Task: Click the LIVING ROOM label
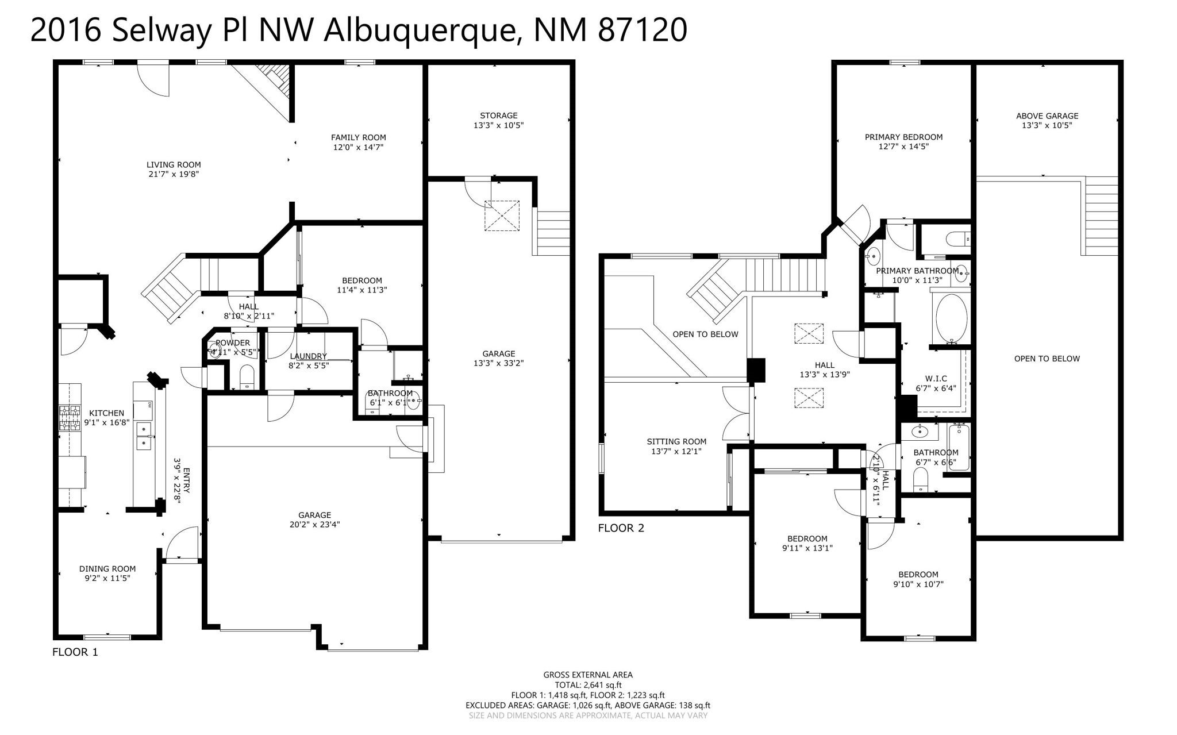click(174, 165)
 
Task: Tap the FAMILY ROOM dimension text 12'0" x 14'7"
click(358, 147)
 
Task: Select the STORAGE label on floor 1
click(498, 116)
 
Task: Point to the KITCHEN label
click(106, 413)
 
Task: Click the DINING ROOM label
click(107, 569)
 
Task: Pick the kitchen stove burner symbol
click(70, 418)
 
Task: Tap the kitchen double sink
click(144, 436)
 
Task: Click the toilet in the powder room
click(247, 376)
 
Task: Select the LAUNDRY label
click(308, 356)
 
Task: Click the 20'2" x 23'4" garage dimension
click(314, 524)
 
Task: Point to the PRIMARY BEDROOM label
click(903, 137)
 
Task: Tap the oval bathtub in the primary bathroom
click(952, 318)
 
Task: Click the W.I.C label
click(936, 379)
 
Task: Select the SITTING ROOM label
click(676, 441)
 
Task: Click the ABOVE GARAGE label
click(1047, 116)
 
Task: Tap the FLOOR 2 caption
click(621, 528)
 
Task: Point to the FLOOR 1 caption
click(75, 652)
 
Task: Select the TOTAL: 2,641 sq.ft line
click(588, 685)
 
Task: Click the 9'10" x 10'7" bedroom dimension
click(918, 584)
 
